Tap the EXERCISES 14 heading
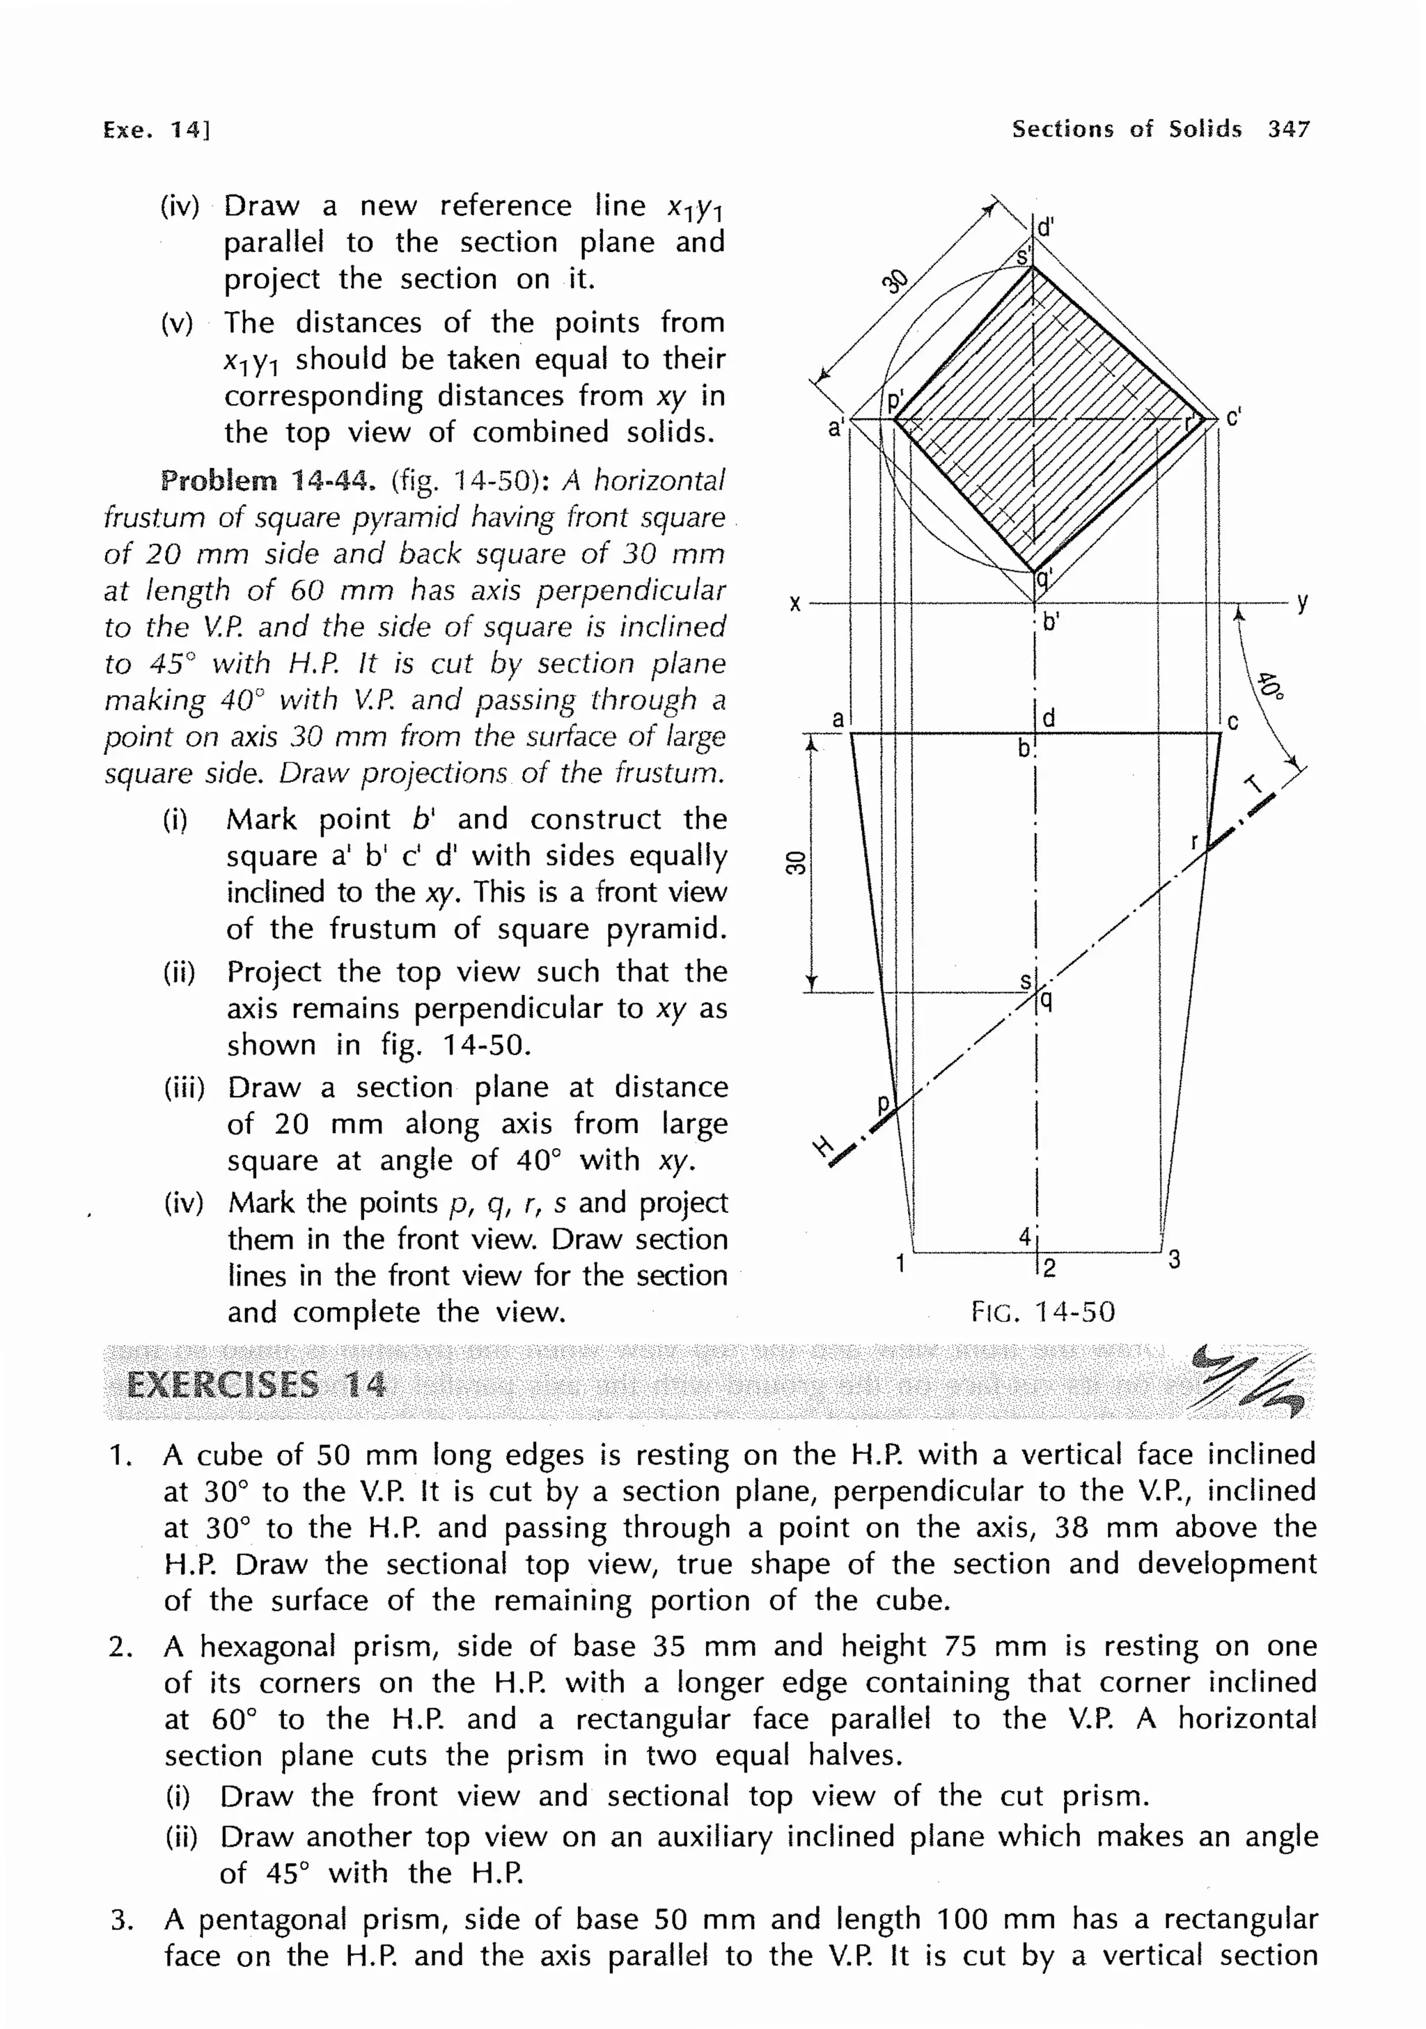pyautogui.click(x=256, y=1385)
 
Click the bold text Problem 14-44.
pyautogui.click(x=267, y=480)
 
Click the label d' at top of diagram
pyautogui.click(x=1045, y=227)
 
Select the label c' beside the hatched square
pyautogui.click(x=1233, y=416)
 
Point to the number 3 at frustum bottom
pyautogui.click(x=1173, y=1260)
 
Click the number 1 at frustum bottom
pyautogui.click(x=900, y=1264)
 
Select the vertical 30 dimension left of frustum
pyautogui.click(x=796, y=863)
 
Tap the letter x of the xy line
pyautogui.click(x=794, y=604)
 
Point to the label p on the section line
pyautogui.click(x=883, y=1104)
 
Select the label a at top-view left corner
pyautogui.click(x=838, y=719)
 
